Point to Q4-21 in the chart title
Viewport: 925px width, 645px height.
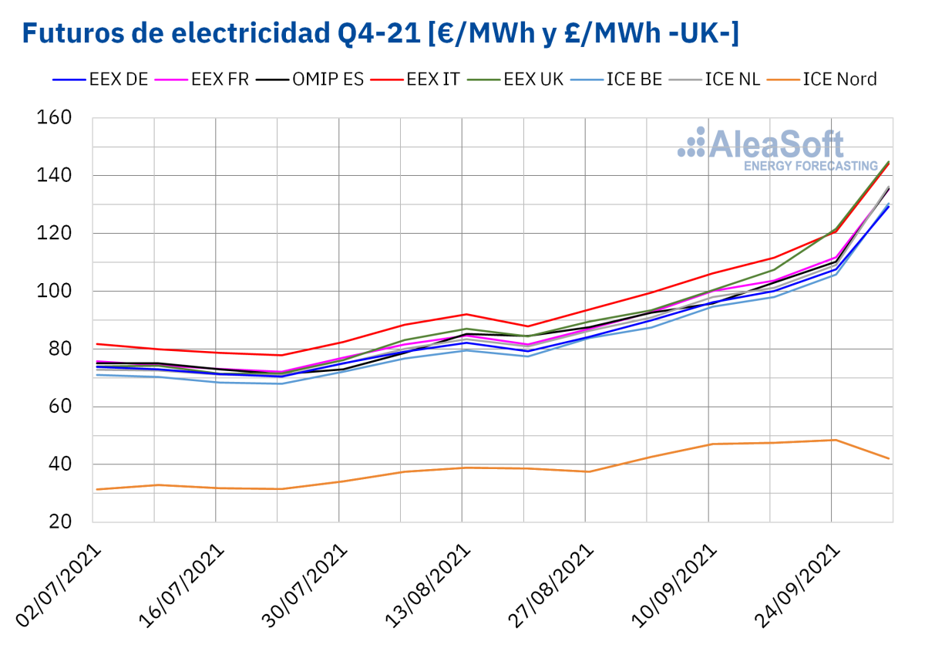[369, 33]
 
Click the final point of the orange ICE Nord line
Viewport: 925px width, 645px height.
[890, 459]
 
